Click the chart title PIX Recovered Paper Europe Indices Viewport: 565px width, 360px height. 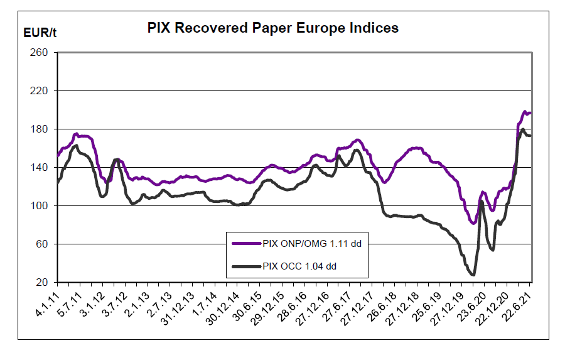tap(272, 28)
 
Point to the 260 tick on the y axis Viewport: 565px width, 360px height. tap(40, 53)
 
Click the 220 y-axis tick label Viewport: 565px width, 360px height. tap(40, 91)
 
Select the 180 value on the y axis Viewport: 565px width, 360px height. tap(40, 129)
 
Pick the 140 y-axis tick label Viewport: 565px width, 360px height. tap(40, 168)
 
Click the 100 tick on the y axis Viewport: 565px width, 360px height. tap(40, 206)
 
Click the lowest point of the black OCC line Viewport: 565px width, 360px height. tap(473, 275)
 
